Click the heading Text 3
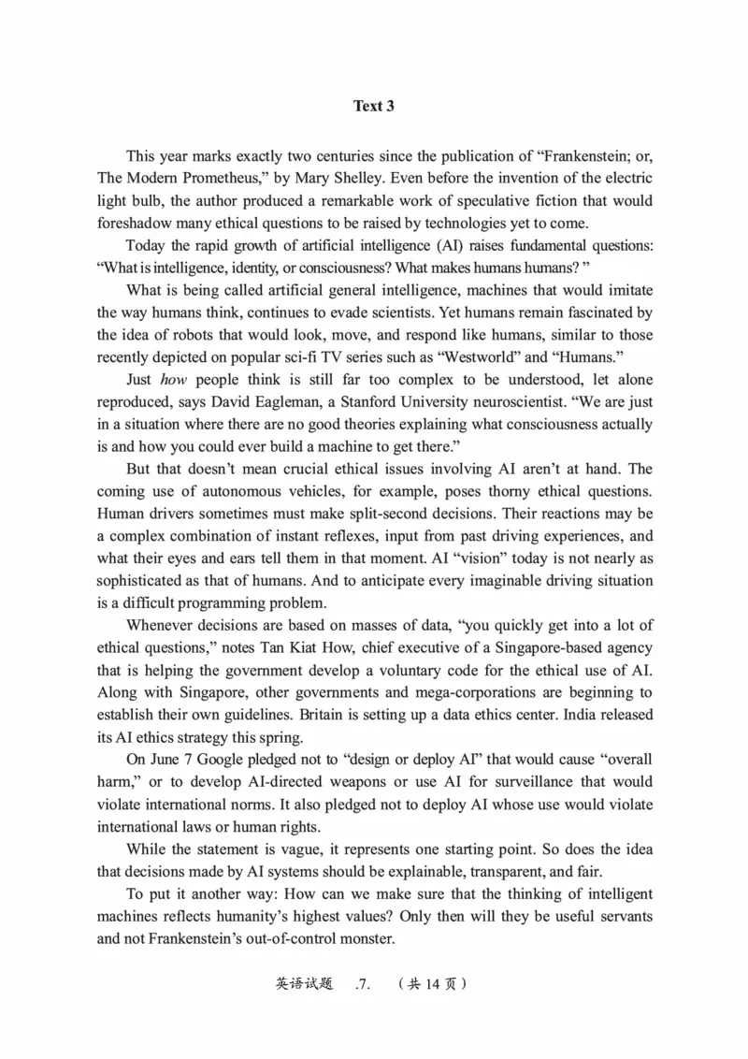coord(373,106)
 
